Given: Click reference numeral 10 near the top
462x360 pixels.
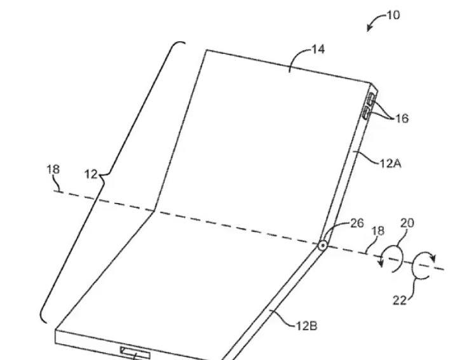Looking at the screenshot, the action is [393, 15].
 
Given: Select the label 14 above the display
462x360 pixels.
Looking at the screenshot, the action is [318, 49].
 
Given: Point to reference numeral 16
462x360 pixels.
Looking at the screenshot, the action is [402, 118].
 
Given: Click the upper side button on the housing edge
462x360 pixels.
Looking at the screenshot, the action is [370, 98].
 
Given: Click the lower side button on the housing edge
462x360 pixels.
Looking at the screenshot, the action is [366, 113].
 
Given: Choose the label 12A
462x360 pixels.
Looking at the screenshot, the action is [390, 163].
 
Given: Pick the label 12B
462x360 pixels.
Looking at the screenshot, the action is [306, 326].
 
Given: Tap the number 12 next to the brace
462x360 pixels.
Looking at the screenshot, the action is [91, 175].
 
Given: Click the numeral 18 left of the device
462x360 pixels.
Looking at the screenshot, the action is [53, 170].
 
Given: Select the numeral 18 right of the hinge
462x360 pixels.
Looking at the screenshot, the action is [377, 231].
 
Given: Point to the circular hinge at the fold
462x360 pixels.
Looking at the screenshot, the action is [323, 245].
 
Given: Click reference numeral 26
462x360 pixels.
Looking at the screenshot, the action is [357, 223].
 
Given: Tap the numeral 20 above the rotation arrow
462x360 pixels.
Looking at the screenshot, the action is [407, 223].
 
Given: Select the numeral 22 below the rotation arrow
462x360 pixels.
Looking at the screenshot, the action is [400, 300].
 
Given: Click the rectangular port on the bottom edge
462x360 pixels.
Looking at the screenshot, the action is [135, 352].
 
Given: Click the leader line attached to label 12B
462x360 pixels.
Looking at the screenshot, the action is [283, 320].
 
